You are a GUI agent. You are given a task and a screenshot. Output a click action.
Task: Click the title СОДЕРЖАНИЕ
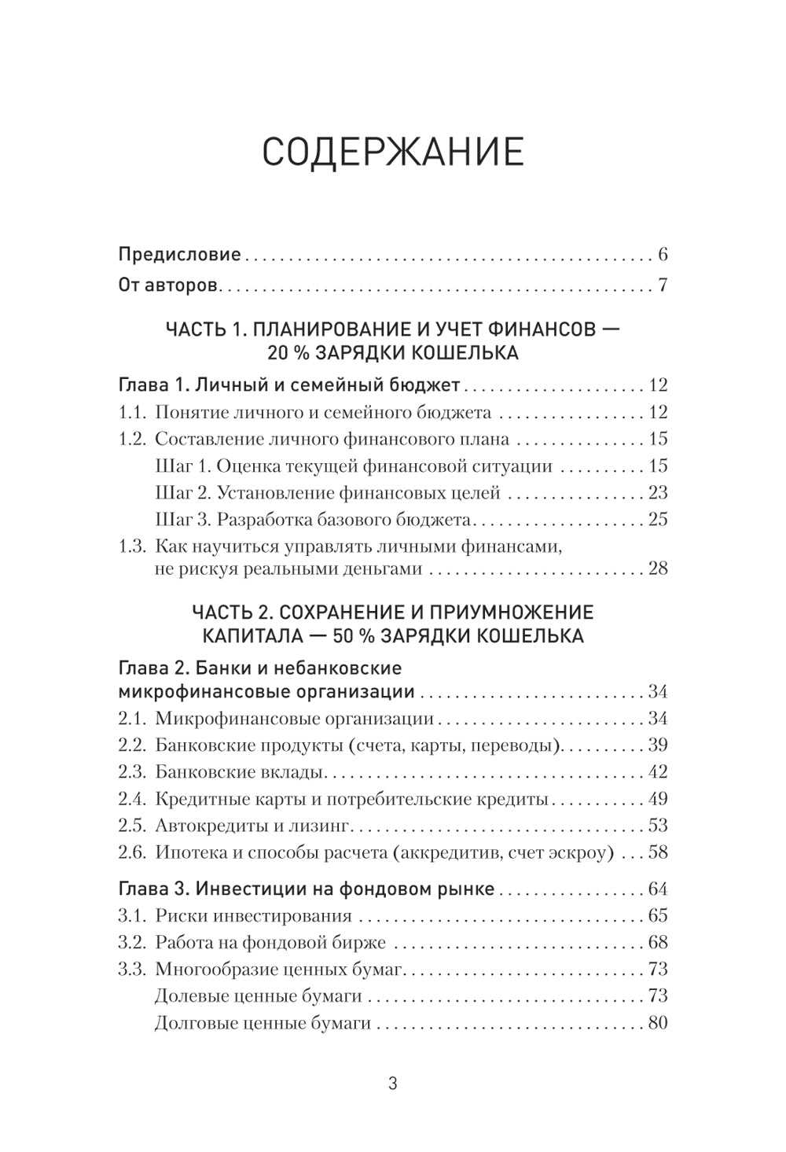pos(392,152)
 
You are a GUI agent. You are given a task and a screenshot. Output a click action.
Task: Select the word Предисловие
pos(179,255)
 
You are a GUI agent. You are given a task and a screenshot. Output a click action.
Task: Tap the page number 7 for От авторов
pos(663,285)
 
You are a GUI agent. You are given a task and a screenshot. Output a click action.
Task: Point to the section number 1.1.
pos(132,412)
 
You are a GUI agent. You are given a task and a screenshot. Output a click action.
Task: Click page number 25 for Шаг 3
pos(657,520)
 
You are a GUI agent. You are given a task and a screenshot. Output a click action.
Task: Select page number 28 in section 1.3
pos(657,569)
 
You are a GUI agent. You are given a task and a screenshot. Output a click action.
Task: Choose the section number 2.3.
pos(132,772)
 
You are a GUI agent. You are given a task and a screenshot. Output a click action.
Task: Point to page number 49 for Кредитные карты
pos(657,799)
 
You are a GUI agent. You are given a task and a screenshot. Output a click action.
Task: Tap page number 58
pos(657,852)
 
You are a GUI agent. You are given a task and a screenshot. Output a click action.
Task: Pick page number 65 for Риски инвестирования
pos(657,916)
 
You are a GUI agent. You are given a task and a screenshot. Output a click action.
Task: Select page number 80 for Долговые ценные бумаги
pos(657,1023)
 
